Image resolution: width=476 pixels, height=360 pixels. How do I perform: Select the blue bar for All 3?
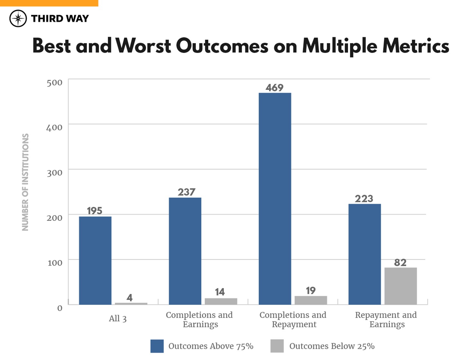coord(95,260)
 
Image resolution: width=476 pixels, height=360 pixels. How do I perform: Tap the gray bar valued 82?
coord(400,286)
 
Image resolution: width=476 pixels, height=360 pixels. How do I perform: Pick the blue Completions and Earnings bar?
coord(185,251)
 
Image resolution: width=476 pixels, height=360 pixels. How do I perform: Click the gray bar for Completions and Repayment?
coord(311,300)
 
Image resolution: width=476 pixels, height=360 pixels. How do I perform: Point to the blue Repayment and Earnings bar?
coord(364,254)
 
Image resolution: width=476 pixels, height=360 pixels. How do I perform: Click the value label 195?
coord(95,211)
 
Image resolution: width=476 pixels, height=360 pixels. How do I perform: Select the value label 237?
coord(187,192)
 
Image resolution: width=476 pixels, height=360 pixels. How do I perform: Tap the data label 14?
coord(220,292)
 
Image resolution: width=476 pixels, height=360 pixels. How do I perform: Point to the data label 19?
coord(311,291)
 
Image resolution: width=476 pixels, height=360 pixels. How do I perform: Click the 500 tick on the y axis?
coord(54,83)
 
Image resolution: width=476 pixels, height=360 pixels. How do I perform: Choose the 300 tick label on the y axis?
coord(54,173)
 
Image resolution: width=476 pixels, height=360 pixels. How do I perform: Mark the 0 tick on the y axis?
coord(60,308)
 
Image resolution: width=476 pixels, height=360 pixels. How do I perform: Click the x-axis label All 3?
coord(118,319)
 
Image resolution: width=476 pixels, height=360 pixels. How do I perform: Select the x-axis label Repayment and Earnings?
coord(386,319)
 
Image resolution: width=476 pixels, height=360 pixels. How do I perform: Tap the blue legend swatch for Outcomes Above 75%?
coord(157,346)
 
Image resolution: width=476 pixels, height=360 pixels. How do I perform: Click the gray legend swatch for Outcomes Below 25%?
coord(277,346)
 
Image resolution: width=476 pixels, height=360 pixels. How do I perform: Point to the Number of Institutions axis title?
coord(25,182)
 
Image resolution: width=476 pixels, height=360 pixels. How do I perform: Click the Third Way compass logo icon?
coord(18,18)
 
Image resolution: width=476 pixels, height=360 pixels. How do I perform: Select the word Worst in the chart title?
coord(143,46)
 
